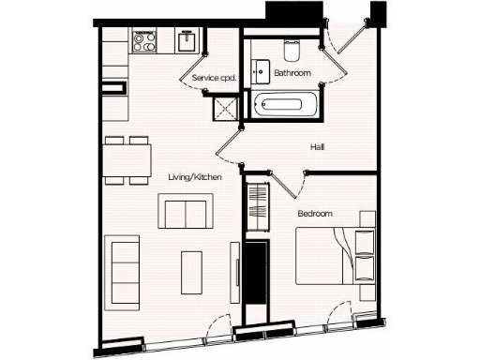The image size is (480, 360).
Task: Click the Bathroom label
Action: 292,72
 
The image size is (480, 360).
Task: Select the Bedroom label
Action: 315,214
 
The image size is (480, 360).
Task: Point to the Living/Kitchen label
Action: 195,176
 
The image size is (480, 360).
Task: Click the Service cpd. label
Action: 213,78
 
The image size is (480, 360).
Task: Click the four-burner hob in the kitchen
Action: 145,41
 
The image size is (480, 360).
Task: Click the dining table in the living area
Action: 128,160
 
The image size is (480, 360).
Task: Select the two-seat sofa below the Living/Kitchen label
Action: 185,212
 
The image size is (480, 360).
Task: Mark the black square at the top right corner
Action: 379,14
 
